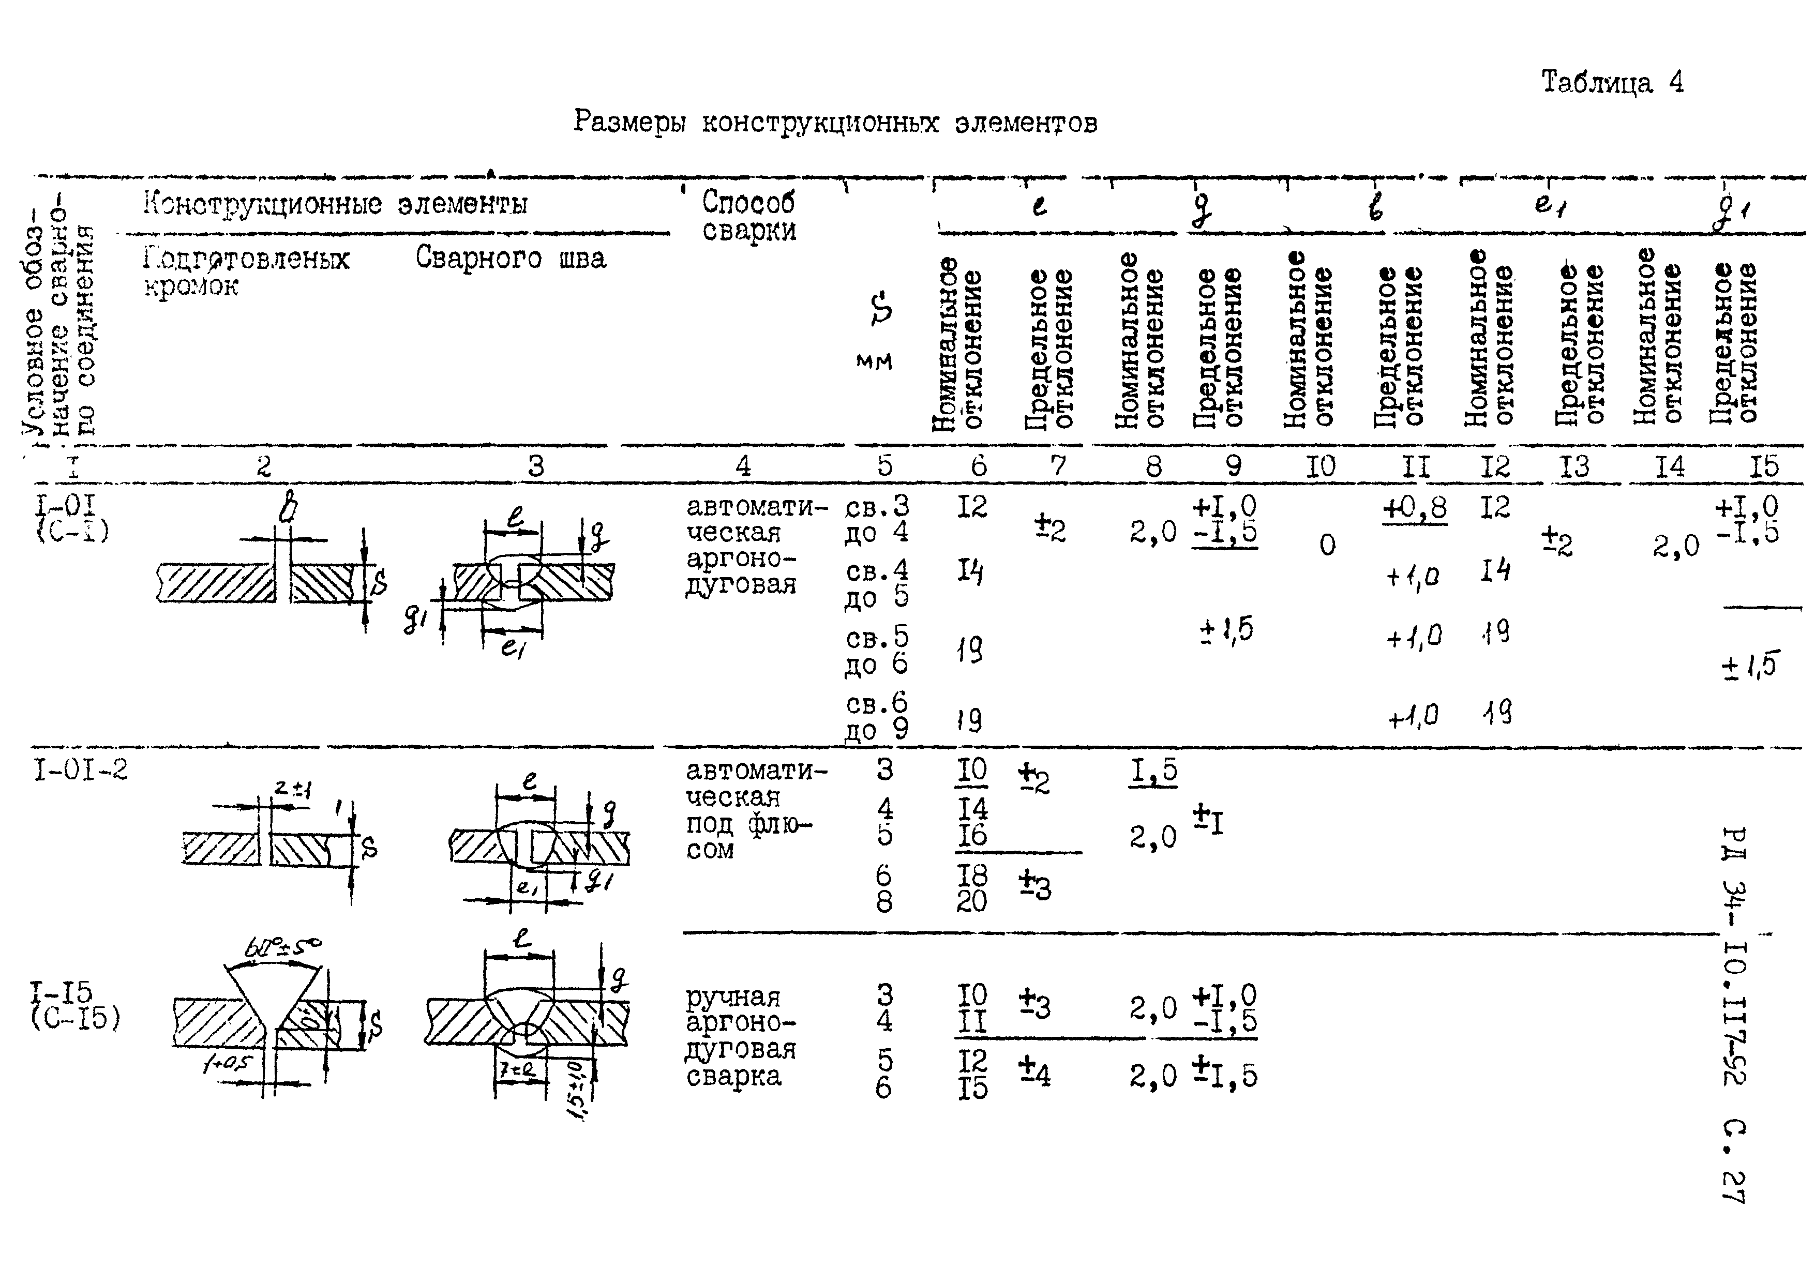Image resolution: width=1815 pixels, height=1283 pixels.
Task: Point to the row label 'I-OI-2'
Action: click(80, 769)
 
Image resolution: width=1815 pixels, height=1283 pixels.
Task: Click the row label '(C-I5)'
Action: click(76, 1018)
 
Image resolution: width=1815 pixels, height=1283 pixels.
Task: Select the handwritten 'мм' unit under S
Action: click(874, 362)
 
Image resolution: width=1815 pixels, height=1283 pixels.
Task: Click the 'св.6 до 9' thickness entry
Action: click(877, 715)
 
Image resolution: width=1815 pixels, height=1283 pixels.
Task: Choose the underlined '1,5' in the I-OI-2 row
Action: click(1153, 771)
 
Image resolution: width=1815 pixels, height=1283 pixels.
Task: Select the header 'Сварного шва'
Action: click(511, 259)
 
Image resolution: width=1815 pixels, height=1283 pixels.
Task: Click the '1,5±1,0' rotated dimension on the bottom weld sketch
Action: click(577, 1091)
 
